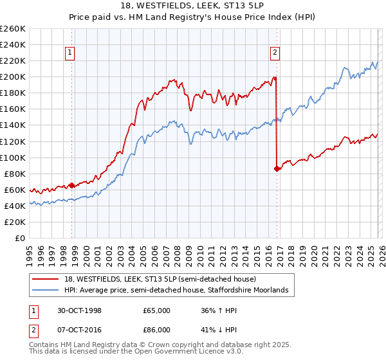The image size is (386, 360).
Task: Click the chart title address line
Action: click(193, 6)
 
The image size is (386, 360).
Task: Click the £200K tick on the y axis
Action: click(13, 76)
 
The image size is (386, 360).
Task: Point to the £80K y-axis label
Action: click(15, 174)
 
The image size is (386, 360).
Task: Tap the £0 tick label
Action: click(19, 238)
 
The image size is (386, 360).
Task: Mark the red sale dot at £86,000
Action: click(277, 168)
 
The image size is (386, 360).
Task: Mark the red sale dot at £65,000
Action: click(71, 185)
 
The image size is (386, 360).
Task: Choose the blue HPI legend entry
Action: click(170, 291)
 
